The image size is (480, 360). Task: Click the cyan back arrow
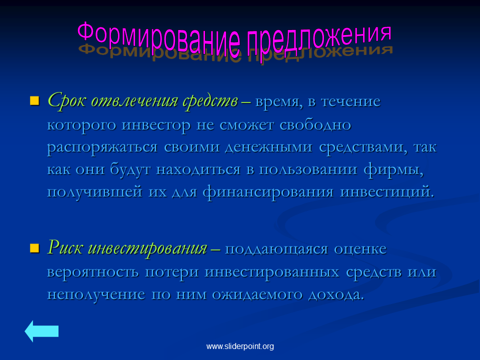[x=41, y=331]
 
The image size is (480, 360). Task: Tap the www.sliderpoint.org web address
[x=240, y=346]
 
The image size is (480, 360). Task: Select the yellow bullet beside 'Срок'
[x=34, y=100]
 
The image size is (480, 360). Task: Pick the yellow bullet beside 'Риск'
[x=34, y=248]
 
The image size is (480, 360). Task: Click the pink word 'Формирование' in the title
[x=158, y=39]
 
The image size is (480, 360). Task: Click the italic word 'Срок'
[x=66, y=100]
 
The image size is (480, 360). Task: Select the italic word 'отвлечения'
[x=134, y=100]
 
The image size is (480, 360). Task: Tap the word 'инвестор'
[x=156, y=125]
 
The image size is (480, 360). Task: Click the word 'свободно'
[x=315, y=124]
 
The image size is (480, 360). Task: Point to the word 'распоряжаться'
[x=102, y=147]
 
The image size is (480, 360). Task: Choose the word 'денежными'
[x=268, y=147]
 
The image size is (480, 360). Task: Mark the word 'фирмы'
[x=393, y=169]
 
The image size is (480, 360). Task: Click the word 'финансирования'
[x=268, y=192]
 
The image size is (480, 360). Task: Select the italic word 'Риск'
[x=65, y=247]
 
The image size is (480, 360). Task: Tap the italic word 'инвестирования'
[x=147, y=248]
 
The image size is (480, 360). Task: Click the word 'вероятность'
[x=92, y=272]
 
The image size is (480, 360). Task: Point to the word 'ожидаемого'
[x=257, y=294]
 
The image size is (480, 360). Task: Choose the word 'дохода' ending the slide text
[x=336, y=294]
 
